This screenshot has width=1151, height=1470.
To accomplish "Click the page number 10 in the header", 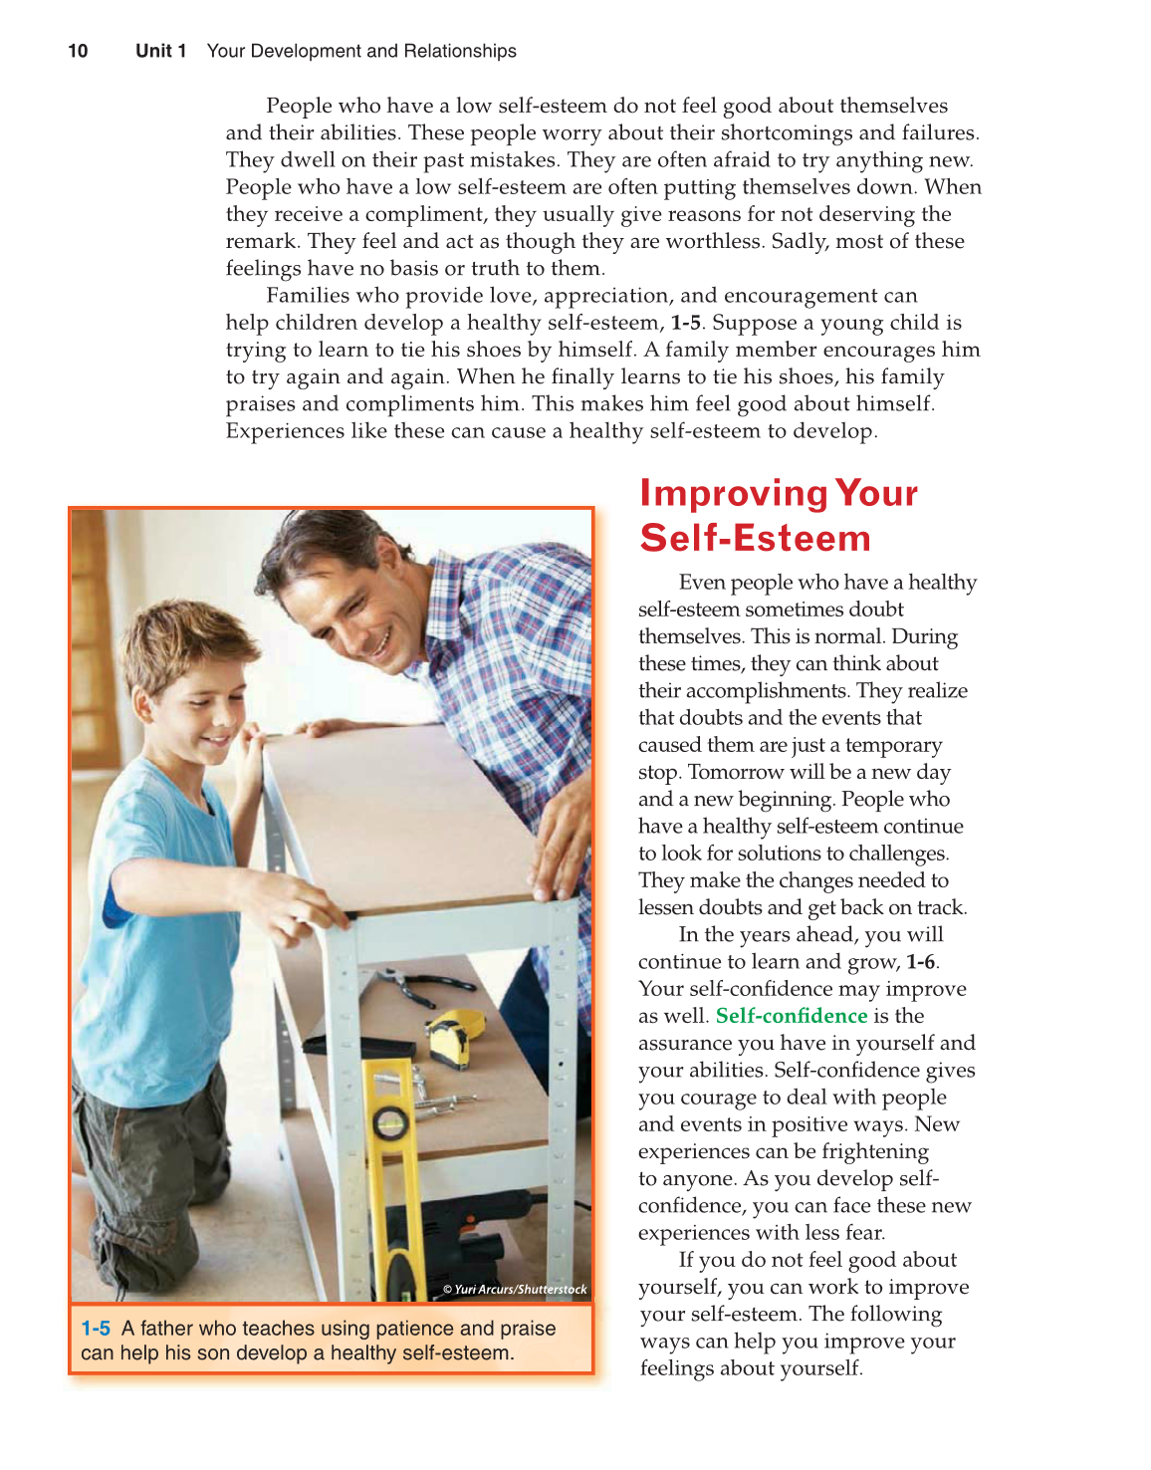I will pyautogui.click(x=78, y=51).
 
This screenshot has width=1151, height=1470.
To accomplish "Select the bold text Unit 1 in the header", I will pyautogui.click(x=160, y=51).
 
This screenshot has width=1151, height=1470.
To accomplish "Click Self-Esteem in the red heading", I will pyautogui.click(x=755, y=538).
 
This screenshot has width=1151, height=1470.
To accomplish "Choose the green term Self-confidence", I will pyautogui.click(x=792, y=1016).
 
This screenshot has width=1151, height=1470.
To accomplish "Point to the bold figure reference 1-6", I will pyautogui.click(x=920, y=962).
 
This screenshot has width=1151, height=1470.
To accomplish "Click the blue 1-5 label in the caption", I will pyautogui.click(x=96, y=1329).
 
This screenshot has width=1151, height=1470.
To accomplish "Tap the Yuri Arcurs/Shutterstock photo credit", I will pyautogui.click(x=515, y=1289).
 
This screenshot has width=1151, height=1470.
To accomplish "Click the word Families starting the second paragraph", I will pyautogui.click(x=307, y=296).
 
